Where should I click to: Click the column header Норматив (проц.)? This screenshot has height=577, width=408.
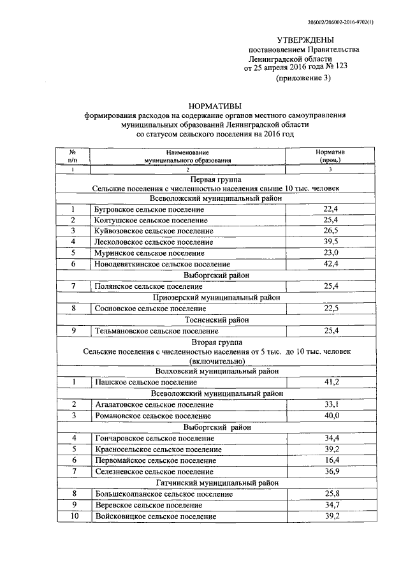(x=330, y=157)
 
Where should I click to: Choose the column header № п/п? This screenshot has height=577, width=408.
(x=73, y=157)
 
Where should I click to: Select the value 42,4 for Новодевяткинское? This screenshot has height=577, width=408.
(x=330, y=264)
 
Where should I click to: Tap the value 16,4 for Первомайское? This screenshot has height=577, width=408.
(x=330, y=460)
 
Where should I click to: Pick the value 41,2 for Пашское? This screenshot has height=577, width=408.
(x=330, y=382)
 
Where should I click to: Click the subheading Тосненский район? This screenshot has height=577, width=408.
(x=216, y=319)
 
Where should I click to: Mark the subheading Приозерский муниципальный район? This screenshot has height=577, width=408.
(x=216, y=297)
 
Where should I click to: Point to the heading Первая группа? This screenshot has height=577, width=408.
(x=216, y=180)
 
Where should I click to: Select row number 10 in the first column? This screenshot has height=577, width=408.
(x=73, y=516)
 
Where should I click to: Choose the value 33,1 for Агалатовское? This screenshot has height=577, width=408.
(x=330, y=404)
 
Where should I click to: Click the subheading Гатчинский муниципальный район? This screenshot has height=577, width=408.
(x=216, y=483)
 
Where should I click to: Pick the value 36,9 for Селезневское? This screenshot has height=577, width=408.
(x=330, y=471)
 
